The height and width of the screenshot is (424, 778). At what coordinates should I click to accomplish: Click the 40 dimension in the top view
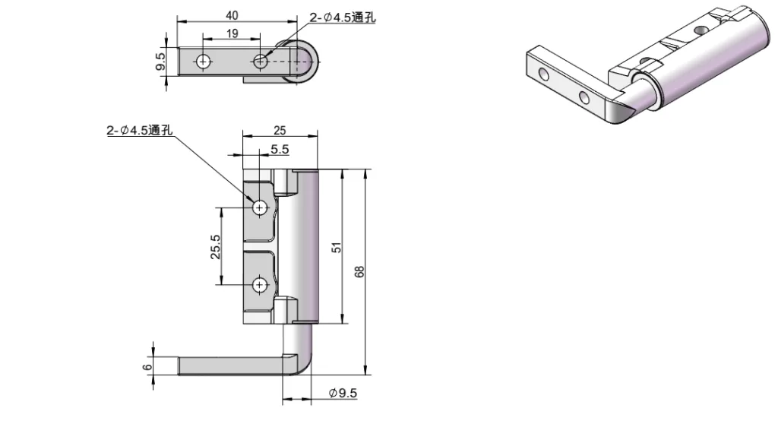tap(232, 15)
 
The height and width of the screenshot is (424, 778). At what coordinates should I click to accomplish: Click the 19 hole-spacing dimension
tap(232, 33)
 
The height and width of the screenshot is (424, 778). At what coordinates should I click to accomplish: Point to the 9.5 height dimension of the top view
tap(160, 62)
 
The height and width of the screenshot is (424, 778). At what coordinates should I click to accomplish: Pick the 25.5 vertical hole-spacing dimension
tap(215, 247)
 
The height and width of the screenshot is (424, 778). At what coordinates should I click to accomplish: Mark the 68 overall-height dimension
tap(360, 271)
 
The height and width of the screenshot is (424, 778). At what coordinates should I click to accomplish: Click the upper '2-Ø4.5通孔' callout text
tap(343, 18)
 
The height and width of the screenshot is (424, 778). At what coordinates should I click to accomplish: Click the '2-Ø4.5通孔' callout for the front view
tap(141, 131)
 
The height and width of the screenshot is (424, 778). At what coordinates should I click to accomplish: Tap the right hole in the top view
tap(261, 62)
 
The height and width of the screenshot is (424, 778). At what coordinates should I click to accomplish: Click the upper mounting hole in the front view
tap(260, 207)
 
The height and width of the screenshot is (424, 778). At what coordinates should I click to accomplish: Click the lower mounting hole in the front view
tap(260, 285)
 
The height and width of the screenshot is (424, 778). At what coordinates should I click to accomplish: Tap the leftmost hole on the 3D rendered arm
tap(545, 74)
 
